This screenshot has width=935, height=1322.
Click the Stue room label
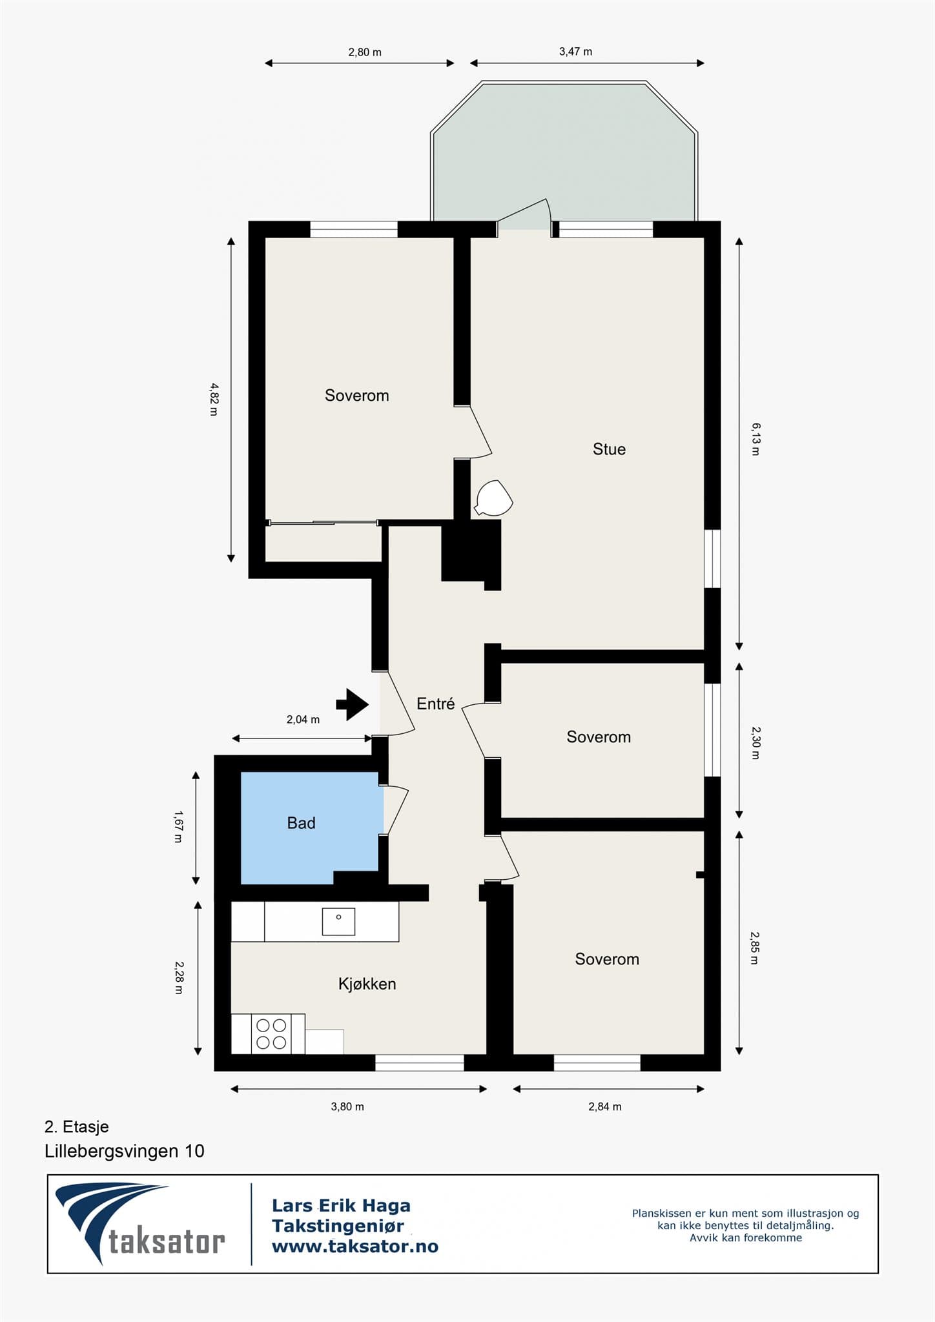coord(609,449)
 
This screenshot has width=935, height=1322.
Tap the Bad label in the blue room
coord(301,823)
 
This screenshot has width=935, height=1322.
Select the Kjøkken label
coord(367,984)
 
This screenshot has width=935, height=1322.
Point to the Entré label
coord(436,704)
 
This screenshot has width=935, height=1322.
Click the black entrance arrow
coord(352,704)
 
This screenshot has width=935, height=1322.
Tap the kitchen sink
coord(338,917)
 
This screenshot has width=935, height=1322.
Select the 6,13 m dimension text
coord(755,439)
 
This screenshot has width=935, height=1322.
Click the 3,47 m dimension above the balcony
coord(575,52)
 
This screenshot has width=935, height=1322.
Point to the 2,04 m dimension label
coord(303,719)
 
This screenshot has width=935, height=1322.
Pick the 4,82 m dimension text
coord(214,399)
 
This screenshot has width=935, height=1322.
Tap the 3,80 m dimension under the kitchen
coord(347,1106)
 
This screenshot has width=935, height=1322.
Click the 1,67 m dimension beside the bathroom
coord(178,827)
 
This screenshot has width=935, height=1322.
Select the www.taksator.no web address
coord(355,1246)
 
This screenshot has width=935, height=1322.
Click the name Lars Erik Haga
coord(341,1205)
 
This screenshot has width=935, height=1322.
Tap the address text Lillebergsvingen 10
coord(125,1151)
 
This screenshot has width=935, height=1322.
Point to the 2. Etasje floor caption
coord(77,1126)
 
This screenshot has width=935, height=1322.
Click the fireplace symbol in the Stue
coord(493,498)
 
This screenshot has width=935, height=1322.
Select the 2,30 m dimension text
coord(755,742)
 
